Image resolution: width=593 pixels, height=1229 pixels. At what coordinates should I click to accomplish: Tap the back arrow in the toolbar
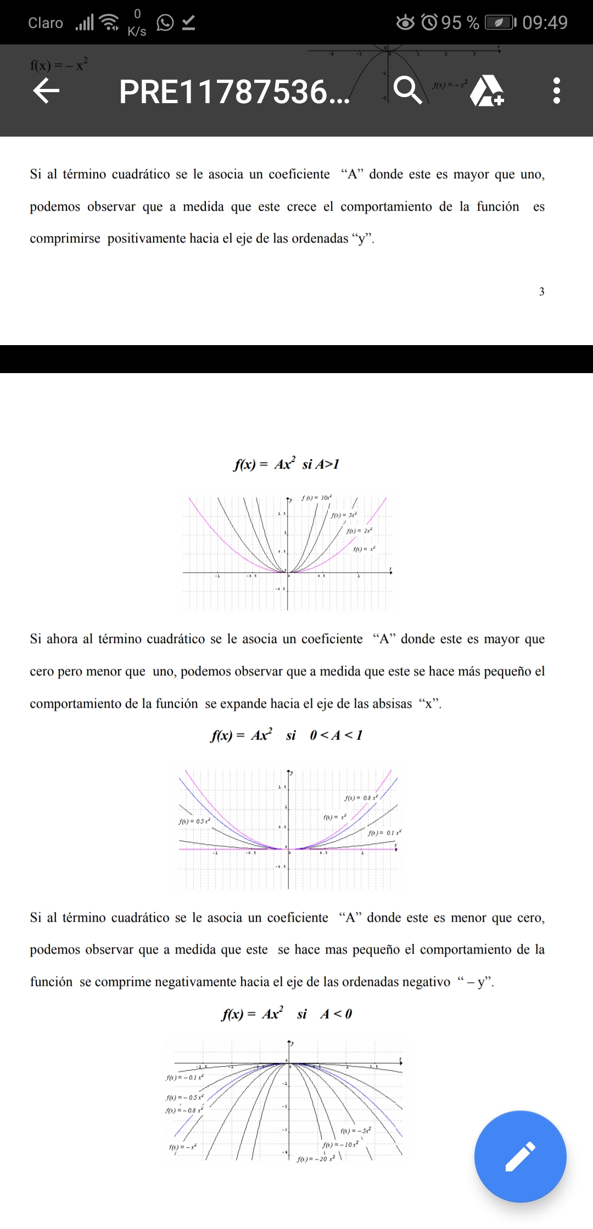click(46, 91)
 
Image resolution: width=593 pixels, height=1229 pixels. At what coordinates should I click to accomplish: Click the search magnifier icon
click(407, 90)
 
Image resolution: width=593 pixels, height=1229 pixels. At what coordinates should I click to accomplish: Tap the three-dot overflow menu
click(557, 91)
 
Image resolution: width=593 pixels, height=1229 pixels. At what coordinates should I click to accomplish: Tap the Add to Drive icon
click(487, 91)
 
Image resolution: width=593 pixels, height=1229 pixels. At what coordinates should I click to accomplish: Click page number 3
click(541, 291)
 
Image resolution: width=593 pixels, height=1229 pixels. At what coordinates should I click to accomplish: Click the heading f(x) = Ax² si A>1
click(286, 464)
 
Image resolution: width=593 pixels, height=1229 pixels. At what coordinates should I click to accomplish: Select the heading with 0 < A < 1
click(286, 735)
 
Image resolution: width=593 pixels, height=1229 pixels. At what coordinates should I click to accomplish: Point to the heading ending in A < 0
click(286, 1014)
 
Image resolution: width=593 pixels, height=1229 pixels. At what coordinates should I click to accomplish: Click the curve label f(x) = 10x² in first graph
click(316, 498)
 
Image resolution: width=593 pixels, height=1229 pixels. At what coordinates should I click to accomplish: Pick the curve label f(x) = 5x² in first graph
click(344, 515)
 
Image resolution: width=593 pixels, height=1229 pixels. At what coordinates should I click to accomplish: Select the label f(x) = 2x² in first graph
click(359, 531)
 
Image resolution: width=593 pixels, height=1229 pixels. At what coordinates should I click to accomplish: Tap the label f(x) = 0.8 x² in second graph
click(361, 798)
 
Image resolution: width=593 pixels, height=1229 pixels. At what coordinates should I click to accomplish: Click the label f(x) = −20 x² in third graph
click(316, 1159)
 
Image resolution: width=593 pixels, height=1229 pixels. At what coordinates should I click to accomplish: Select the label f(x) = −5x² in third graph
click(355, 1131)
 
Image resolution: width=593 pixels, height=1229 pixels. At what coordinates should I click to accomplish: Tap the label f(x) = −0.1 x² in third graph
click(184, 1077)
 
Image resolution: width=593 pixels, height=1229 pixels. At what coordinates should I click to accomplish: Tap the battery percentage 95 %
click(460, 22)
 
